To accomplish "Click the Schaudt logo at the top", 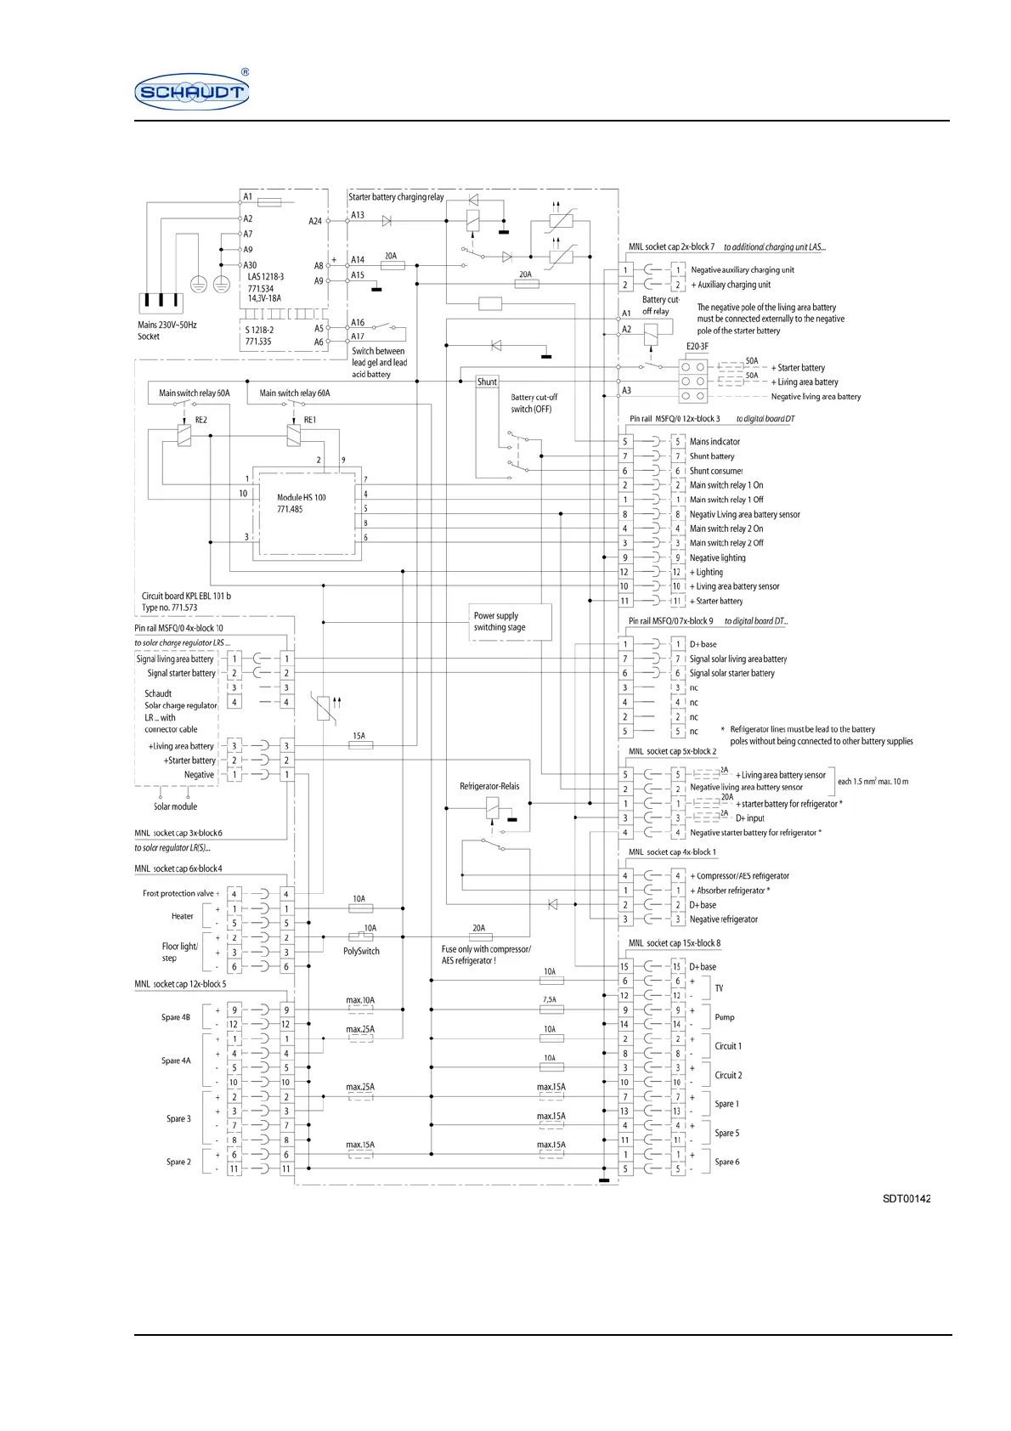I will [192, 91].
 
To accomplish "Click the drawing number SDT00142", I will [907, 1199].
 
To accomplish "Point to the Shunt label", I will [487, 382].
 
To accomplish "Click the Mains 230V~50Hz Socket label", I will [167, 331].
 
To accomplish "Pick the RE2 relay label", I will [201, 420].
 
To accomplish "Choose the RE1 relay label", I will [310, 420].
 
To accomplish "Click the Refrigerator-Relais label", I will [489, 786].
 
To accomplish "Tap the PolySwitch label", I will [361, 951].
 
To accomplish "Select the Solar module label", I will [175, 806].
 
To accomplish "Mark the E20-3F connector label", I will [698, 347].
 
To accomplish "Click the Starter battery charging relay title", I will [396, 197].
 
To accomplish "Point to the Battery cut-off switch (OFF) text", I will [534, 403].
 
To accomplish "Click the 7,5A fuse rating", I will [551, 999].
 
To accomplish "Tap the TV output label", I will [719, 988].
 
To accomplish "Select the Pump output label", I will [725, 1017].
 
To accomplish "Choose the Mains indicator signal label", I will [714, 442].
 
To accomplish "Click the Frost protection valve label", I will [179, 893].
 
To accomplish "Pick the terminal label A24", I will [315, 221].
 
